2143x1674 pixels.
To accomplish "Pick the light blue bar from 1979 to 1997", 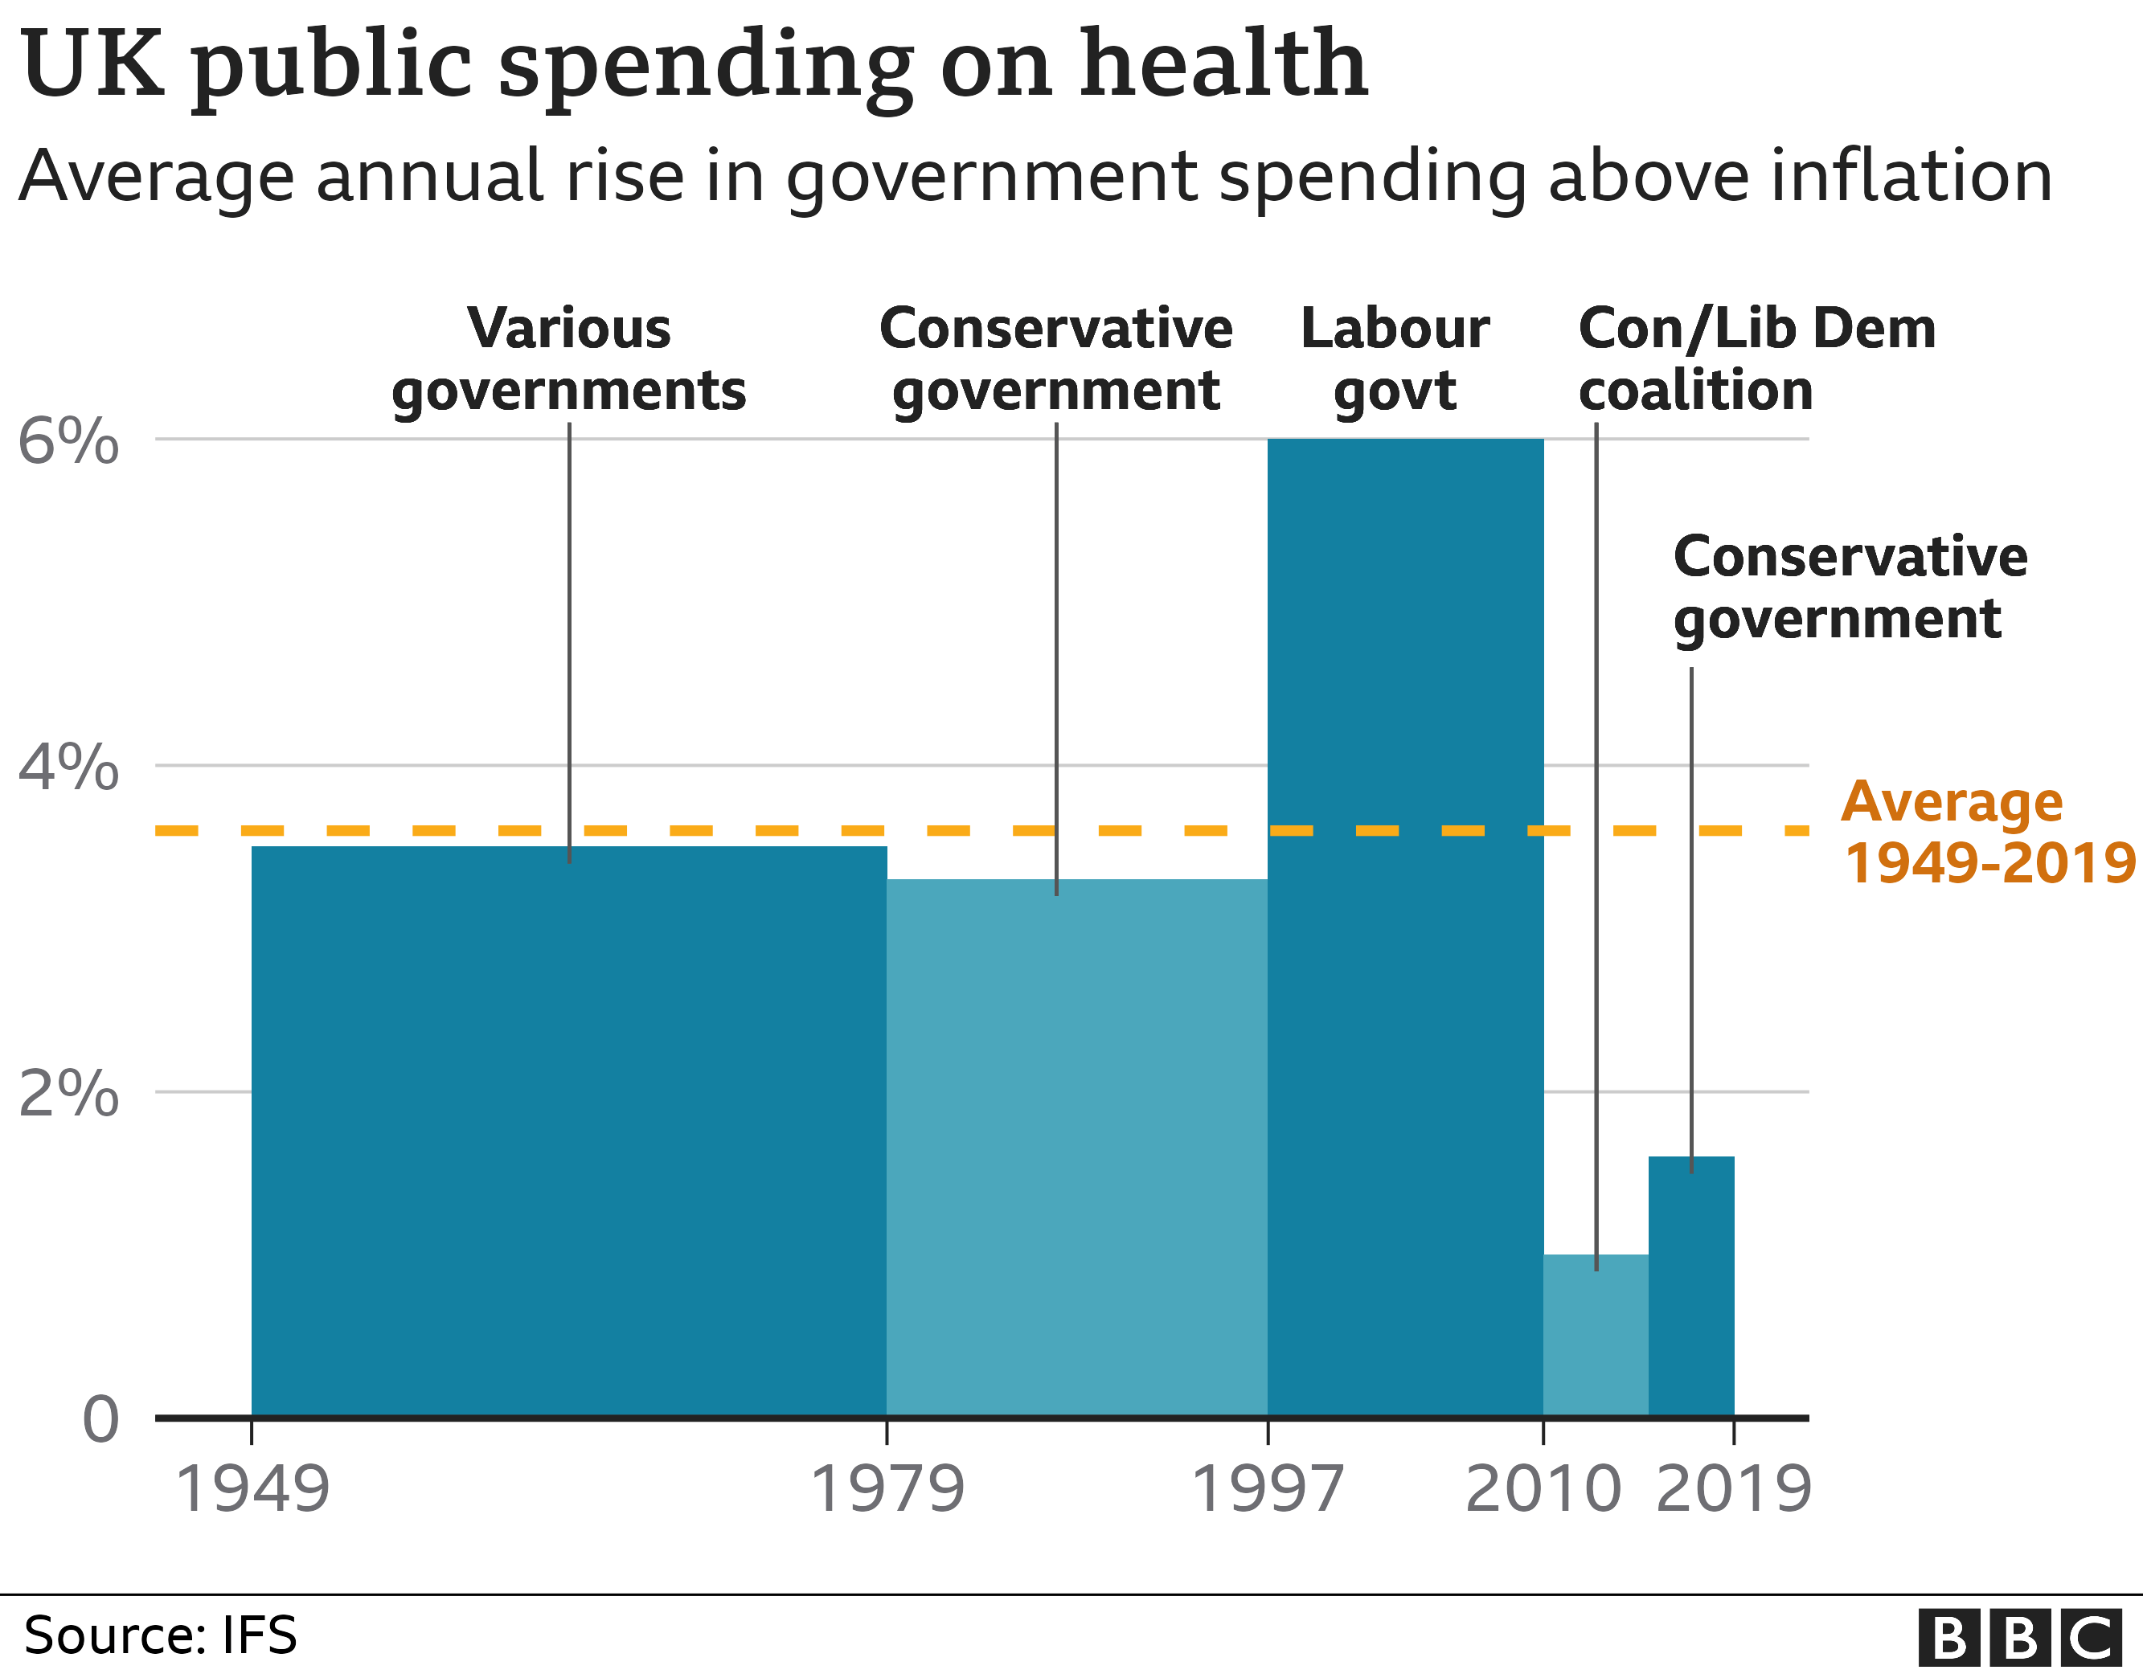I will pyautogui.click(x=1076, y=1148).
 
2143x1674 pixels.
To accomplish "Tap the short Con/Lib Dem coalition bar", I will pyautogui.click(x=1596, y=1336).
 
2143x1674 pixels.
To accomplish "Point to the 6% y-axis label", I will pyautogui.click(x=68, y=440).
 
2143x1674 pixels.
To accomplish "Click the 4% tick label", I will pyautogui.click(x=68, y=767).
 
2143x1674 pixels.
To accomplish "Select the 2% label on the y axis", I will pyautogui.click(x=68, y=1092).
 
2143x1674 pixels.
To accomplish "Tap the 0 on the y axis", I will pyautogui.click(x=100, y=1419).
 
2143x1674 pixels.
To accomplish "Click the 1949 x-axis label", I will pyautogui.click(x=252, y=1489).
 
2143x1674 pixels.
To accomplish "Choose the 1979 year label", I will pyautogui.click(x=887, y=1489).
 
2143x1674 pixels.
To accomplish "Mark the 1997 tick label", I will pyautogui.click(x=1267, y=1489).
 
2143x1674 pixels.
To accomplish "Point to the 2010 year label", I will pyautogui.click(x=1543, y=1489).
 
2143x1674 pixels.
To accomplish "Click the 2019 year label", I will pyautogui.click(x=1734, y=1489).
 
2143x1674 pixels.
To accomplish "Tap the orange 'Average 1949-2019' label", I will pyautogui.click(x=1989, y=832).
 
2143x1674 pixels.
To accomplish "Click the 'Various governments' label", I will pyautogui.click(x=569, y=359).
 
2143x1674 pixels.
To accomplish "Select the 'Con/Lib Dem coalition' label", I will pyautogui.click(x=1756, y=359).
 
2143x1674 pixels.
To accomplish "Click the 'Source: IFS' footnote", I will pyautogui.click(x=160, y=1635).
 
